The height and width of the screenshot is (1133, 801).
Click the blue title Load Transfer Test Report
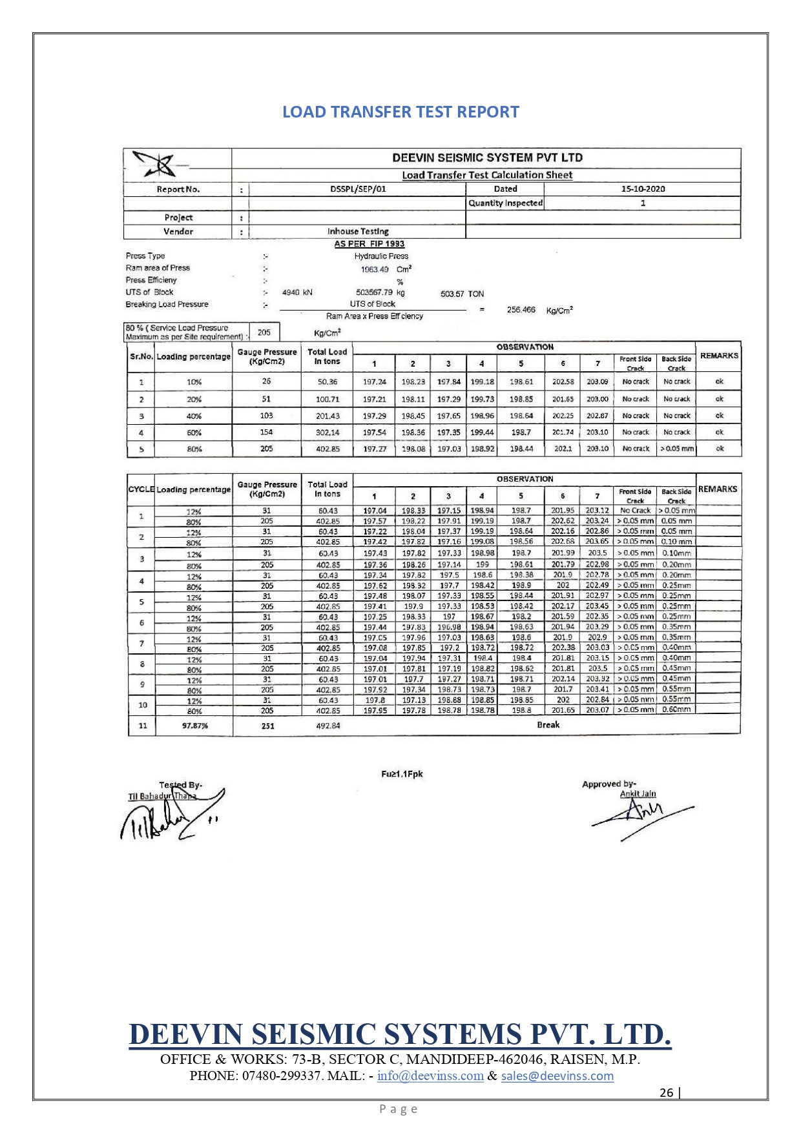pos(400,112)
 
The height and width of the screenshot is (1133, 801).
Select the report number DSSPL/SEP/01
pos(357,189)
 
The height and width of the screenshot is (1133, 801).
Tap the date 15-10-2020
pos(642,189)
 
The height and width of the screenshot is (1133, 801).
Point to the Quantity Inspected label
pos(505,203)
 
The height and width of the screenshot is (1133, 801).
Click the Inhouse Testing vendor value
pos(358,231)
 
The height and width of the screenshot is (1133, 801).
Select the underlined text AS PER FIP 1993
pos(369,244)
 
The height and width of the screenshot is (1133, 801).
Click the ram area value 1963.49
pos(375,269)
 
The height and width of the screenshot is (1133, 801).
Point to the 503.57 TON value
pos(462,294)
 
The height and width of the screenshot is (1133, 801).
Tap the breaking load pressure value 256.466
pos(521,310)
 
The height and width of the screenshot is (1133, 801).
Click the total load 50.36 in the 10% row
pos(327,382)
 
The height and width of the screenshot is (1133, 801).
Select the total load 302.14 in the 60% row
pos(327,433)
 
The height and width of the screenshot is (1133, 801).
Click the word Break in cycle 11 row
pos(548,725)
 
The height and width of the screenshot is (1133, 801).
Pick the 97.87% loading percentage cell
pos(194,726)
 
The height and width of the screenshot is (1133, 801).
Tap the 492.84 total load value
pos(328,726)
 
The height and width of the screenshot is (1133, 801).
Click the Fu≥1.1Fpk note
pos(402,774)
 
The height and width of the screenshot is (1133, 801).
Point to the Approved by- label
pos(609,784)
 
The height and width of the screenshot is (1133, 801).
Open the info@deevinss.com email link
pos(430,1076)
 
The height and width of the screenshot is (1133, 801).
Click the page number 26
pos(666,1092)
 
